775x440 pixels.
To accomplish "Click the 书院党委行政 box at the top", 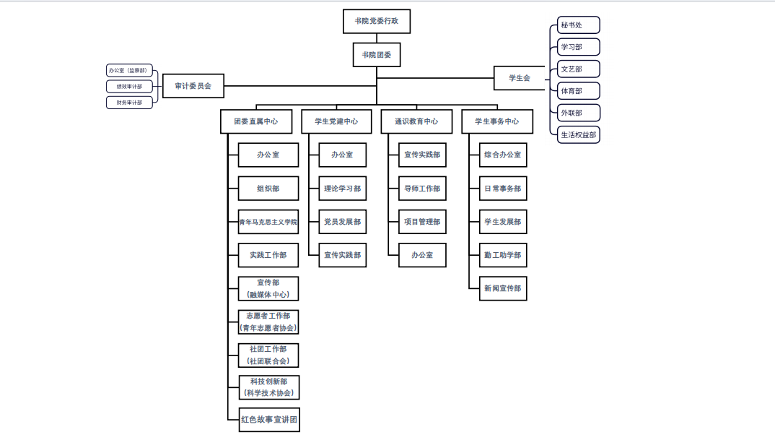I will point(376,22).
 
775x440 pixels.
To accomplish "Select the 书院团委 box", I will point(376,55).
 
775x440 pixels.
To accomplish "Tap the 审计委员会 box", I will point(193,86).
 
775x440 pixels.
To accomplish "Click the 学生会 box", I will point(519,78).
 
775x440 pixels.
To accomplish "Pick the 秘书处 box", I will point(579,25).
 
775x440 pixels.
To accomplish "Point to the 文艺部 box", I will point(579,69).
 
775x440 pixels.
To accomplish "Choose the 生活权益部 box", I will point(579,134).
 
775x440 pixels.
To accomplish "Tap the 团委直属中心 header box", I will point(255,121).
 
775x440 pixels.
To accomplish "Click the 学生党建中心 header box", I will point(336,121).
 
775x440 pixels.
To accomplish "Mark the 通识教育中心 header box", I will point(416,121).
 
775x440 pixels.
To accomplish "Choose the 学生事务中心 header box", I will point(497,121).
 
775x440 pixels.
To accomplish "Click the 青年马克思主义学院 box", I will point(268,222).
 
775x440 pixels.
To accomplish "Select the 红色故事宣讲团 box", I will point(269,420).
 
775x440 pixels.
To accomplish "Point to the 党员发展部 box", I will point(342,222).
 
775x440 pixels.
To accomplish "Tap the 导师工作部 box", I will point(422,189).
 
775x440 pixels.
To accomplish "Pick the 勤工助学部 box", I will point(503,255).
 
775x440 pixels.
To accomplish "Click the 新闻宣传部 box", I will point(503,288).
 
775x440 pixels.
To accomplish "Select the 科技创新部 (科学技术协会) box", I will point(269,387).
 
